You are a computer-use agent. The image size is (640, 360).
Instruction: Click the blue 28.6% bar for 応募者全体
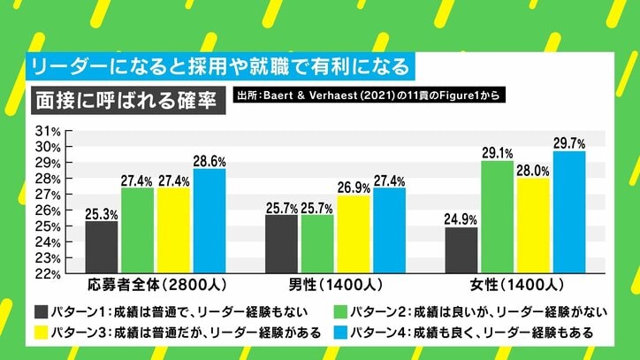(x=210, y=221)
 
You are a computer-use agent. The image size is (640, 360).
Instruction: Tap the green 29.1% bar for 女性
(x=498, y=217)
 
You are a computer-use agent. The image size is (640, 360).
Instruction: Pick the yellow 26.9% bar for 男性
(x=354, y=234)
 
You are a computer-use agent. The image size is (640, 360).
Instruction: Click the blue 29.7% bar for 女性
(x=568, y=212)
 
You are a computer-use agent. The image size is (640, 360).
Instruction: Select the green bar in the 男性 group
(x=317, y=244)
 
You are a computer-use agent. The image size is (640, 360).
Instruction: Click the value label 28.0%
(x=534, y=171)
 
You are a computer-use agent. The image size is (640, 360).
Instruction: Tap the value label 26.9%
(x=354, y=188)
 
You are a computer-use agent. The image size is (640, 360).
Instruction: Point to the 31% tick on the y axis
(x=47, y=131)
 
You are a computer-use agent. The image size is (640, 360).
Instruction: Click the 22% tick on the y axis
(x=47, y=274)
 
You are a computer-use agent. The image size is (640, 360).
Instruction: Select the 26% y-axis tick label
(x=47, y=211)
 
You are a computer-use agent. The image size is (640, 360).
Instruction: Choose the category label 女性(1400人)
(x=515, y=287)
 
